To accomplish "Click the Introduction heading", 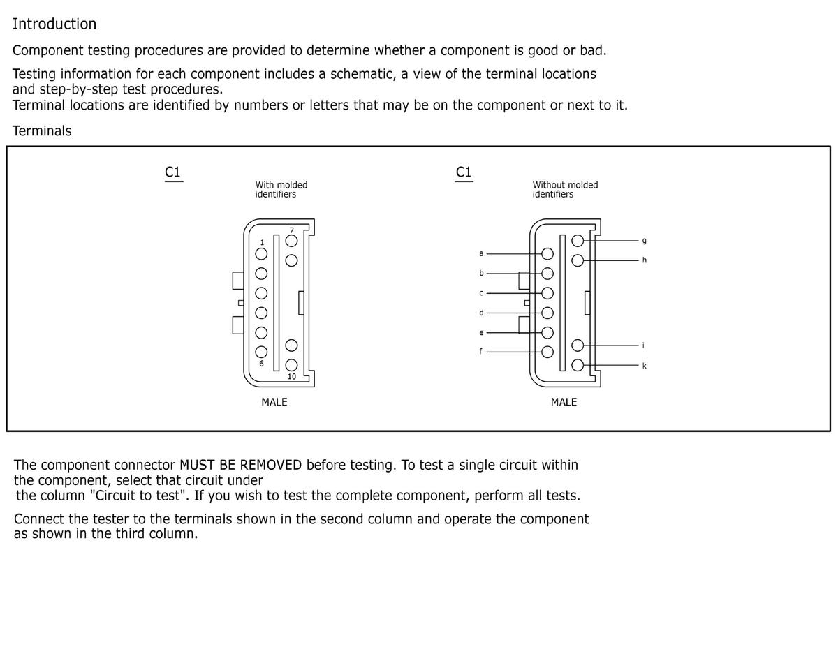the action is point(54,24).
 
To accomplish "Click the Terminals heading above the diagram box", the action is point(42,131).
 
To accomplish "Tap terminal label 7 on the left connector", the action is point(292,230).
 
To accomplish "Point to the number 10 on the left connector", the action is point(292,376).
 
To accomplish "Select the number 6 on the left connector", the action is point(261,364).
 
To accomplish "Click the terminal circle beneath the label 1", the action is point(261,254).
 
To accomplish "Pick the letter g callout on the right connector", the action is point(644,241).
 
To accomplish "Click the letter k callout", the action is point(644,366).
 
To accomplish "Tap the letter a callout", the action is point(481,253).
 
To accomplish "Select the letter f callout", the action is point(480,351).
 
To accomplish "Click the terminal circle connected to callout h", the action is point(578,260).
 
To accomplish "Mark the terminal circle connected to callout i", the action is point(578,345).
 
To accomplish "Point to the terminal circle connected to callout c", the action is point(547,293).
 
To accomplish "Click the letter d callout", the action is point(481,313).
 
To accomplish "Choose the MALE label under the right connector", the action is point(564,402).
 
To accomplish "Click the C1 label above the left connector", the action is point(172,172).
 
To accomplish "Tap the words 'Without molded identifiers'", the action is point(565,190).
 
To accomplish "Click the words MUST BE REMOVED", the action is point(241,465).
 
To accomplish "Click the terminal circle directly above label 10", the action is point(291,365).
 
